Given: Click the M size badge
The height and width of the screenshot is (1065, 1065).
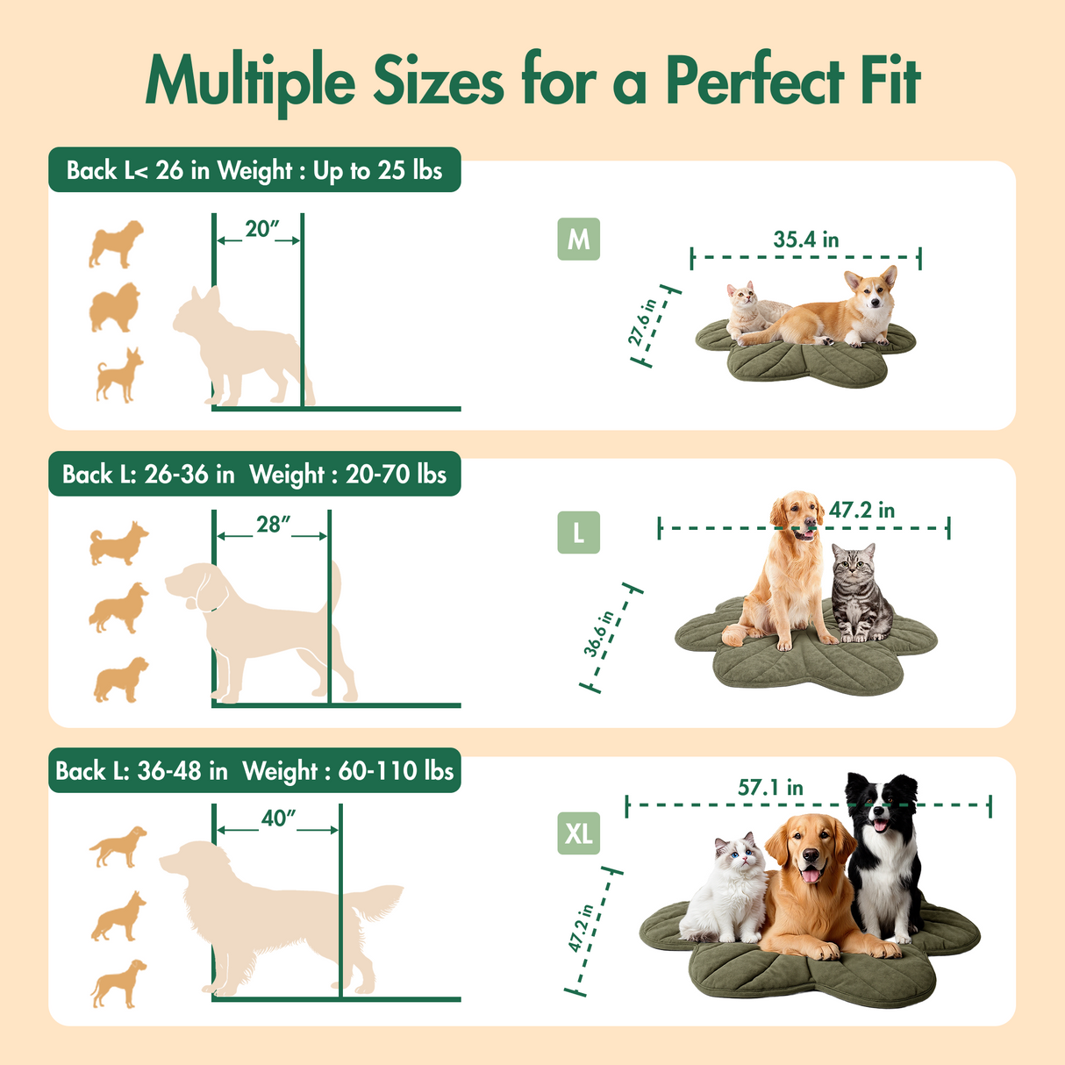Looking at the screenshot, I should [x=578, y=239].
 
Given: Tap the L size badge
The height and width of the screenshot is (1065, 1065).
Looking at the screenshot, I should [x=578, y=532].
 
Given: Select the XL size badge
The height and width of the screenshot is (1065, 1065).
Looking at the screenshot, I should [x=578, y=833].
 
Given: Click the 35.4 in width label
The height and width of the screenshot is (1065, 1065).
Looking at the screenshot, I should [x=805, y=239].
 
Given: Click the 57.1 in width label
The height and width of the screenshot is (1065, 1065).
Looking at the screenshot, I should [x=770, y=788].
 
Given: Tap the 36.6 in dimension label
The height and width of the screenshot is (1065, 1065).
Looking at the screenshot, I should [x=599, y=634].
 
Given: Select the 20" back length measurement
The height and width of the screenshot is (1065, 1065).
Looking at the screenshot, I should [x=261, y=229].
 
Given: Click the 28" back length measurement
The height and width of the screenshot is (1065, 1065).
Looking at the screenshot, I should [x=272, y=525].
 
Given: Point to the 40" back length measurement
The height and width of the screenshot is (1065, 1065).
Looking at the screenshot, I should [x=278, y=818].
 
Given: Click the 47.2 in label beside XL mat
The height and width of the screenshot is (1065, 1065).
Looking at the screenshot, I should [x=582, y=928].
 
